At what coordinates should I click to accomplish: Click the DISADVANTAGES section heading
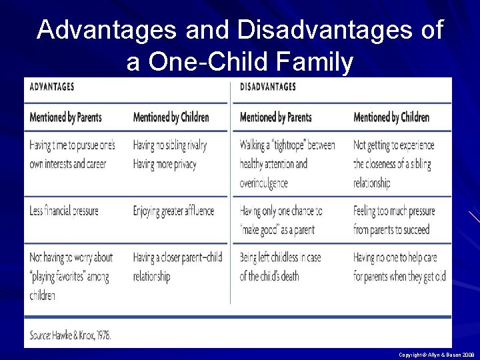point(268,87)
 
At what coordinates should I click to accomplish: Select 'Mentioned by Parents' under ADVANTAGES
point(65,117)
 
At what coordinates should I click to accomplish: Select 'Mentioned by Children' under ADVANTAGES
point(171,117)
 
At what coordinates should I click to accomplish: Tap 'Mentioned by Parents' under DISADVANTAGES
point(276,117)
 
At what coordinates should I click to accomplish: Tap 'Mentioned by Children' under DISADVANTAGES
point(391,117)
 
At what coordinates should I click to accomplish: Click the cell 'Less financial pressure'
point(64,211)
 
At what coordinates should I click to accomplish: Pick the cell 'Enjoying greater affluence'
point(173,211)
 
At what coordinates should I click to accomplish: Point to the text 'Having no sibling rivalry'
point(170,145)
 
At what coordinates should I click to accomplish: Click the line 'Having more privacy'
point(164,164)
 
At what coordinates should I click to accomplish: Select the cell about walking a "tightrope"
point(287,163)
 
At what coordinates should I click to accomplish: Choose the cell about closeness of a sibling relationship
point(393,163)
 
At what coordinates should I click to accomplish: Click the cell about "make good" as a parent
point(281,220)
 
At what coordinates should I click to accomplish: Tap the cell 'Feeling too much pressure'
point(394,220)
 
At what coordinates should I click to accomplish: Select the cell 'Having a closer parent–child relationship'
point(177,267)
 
